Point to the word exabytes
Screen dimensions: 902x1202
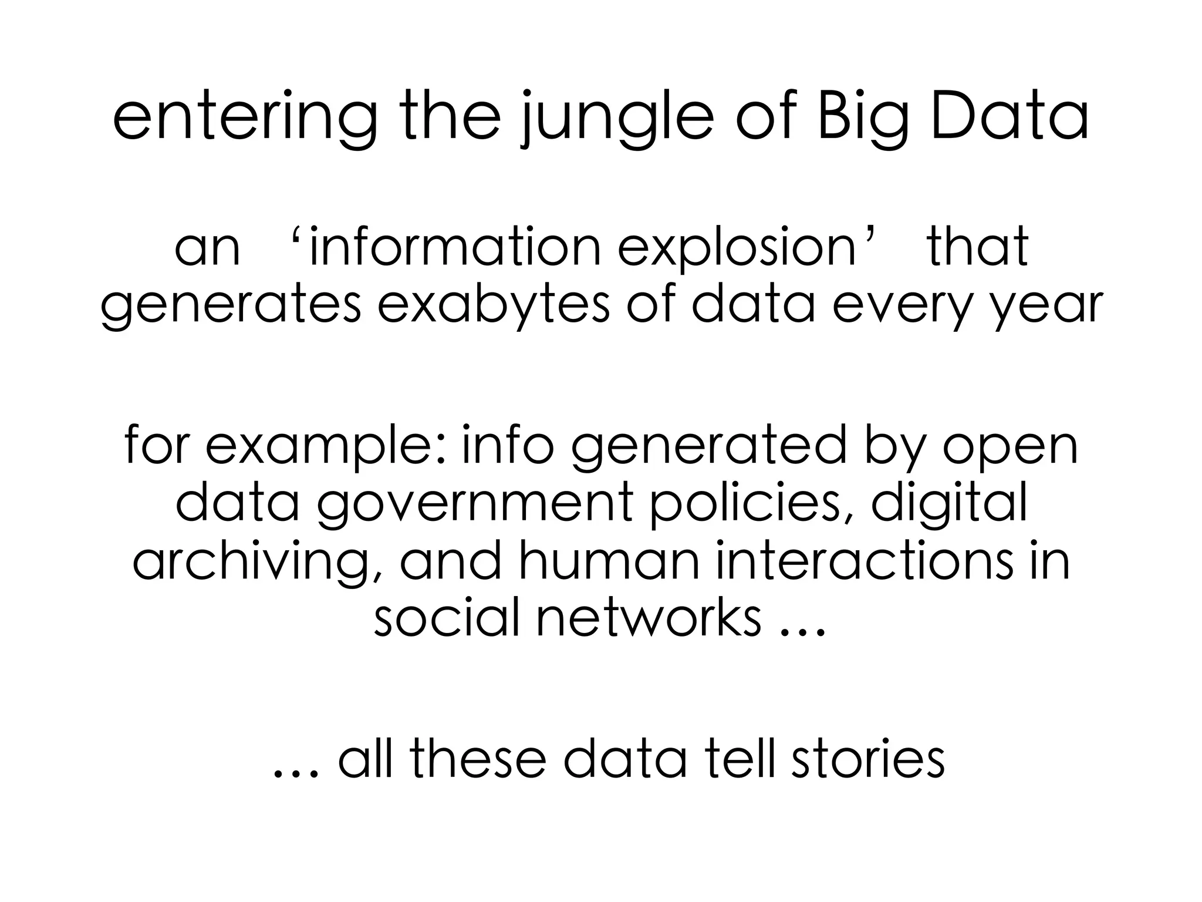(494, 305)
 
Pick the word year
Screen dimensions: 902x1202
(1051, 305)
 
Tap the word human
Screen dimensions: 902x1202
(608, 561)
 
